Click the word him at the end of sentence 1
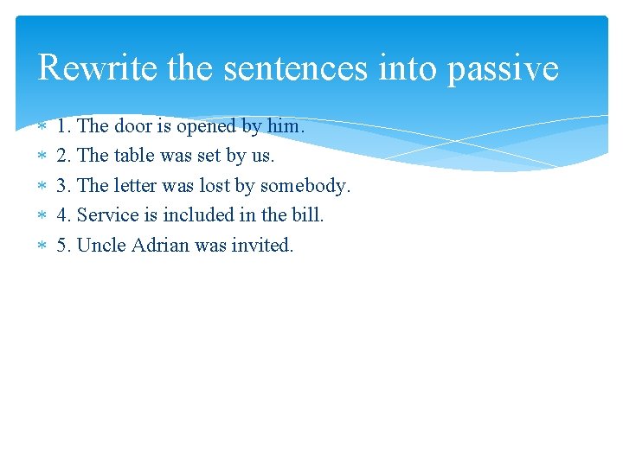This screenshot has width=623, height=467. click(x=284, y=126)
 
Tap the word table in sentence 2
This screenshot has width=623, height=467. click(x=134, y=156)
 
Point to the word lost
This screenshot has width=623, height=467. click(x=215, y=185)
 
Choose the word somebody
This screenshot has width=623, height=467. click(x=304, y=186)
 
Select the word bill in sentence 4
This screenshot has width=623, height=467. click(x=306, y=214)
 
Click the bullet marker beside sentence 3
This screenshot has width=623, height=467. click(x=42, y=186)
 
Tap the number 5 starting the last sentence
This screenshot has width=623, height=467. click(x=61, y=245)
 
